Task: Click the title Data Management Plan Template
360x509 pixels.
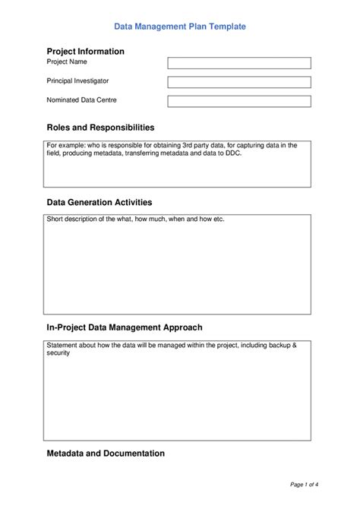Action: click(180, 26)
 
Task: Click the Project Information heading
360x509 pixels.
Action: click(85, 51)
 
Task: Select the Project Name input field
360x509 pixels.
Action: click(238, 63)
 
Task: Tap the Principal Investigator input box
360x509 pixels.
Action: click(238, 82)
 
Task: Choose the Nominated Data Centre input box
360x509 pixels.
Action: click(238, 101)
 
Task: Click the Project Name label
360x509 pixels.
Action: click(68, 62)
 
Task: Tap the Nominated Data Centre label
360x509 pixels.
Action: click(81, 100)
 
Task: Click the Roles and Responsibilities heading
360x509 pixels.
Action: click(100, 128)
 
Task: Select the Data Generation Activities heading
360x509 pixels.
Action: click(99, 203)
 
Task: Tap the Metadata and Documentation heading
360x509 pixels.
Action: click(106, 454)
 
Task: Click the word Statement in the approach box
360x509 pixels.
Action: click(63, 345)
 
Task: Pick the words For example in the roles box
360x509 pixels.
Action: click(66, 144)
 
